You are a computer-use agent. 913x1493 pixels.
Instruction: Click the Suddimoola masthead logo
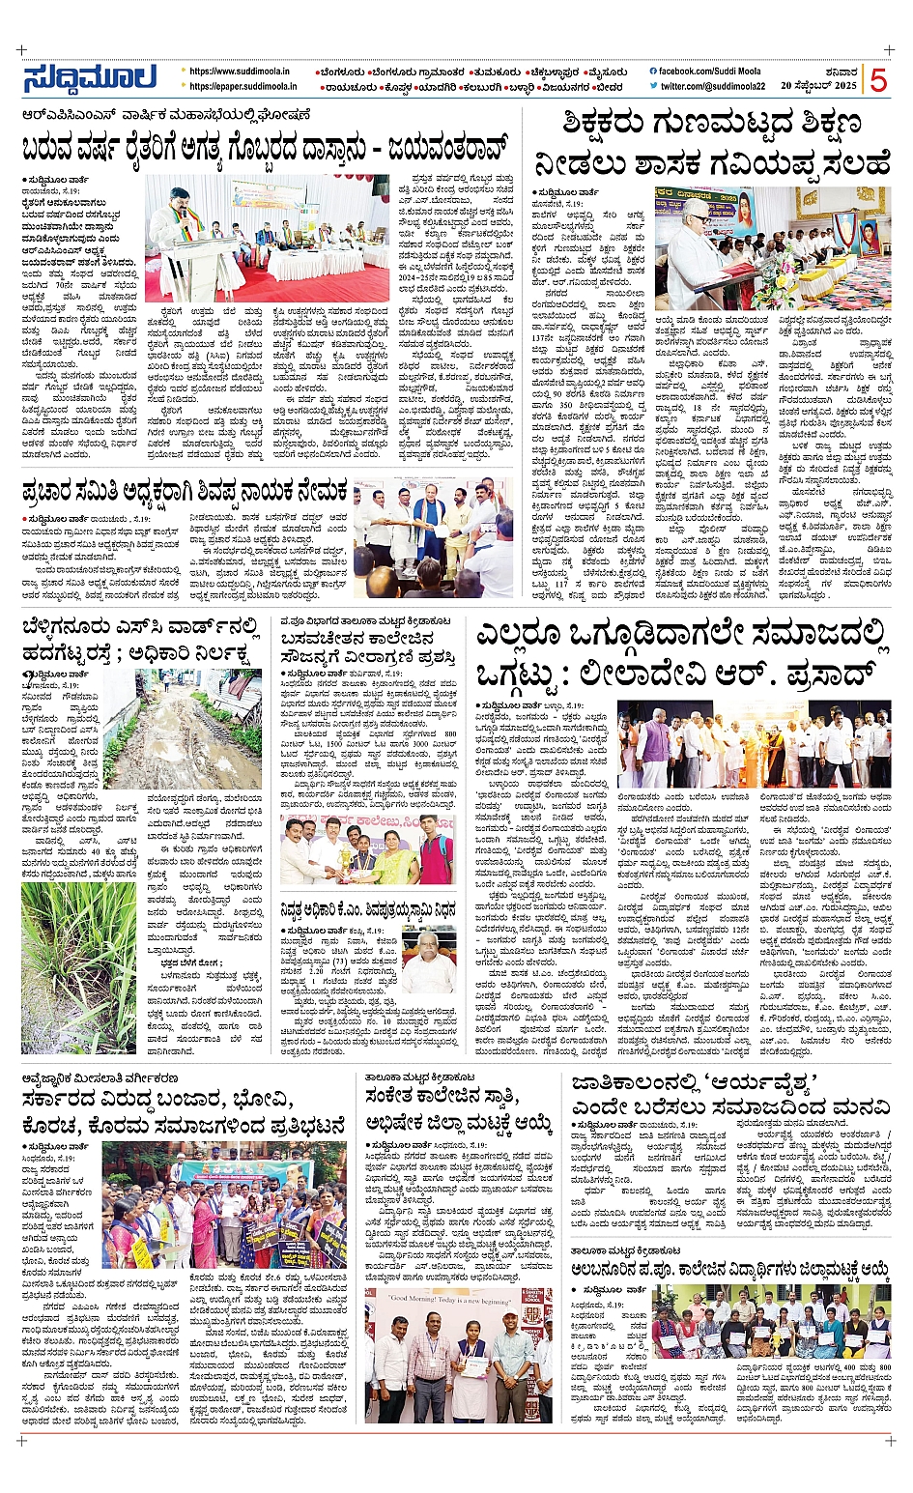coord(90,79)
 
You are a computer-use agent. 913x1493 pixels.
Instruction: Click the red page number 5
coord(877,81)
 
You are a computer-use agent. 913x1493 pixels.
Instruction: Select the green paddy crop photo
coord(64,967)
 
